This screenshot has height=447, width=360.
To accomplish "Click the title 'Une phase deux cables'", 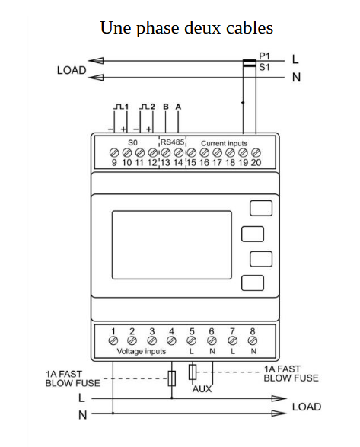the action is (x=186, y=28).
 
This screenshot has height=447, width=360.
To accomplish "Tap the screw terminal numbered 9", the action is (x=114, y=153).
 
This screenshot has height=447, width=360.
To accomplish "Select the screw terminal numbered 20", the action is (x=256, y=153).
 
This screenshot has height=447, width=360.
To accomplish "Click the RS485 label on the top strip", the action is (x=173, y=142).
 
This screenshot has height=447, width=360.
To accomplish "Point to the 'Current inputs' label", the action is (x=224, y=143).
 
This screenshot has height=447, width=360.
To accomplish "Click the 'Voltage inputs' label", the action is (x=142, y=351).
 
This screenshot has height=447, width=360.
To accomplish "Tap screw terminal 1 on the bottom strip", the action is (x=113, y=340).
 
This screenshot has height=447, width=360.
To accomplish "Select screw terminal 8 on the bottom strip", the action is (x=253, y=340).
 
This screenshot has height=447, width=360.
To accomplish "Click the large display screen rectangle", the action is (x=171, y=245).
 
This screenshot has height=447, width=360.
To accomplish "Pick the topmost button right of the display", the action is (x=261, y=208).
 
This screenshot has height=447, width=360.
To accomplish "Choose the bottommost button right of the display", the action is (x=252, y=283).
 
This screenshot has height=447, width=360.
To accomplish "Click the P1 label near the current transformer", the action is (x=264, y=56).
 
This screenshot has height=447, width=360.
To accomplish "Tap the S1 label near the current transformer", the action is (x=264, y=67).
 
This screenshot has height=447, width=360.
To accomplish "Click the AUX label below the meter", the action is (x=202, y=389).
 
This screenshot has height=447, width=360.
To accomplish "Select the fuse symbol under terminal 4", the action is (x=171, y=378).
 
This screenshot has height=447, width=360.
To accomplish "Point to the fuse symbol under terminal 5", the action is (x=193, y=372).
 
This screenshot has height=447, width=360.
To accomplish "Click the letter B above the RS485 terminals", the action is (x=166, y=107).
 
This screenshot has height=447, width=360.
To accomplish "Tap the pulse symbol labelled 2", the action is (x=147, y=107).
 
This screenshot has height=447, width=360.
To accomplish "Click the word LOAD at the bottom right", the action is (x=307, y=407).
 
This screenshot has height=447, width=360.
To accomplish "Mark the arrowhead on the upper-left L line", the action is (x=96, y=61).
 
